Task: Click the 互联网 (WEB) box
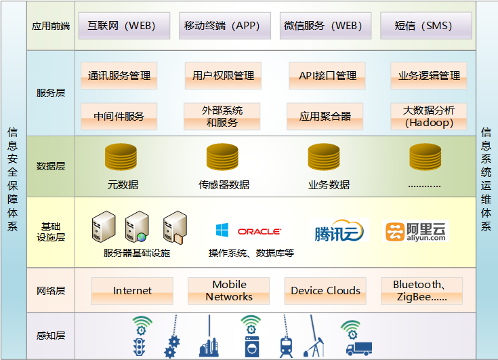121,26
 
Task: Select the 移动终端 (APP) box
222,26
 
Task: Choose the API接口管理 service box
327,76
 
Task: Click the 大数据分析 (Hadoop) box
429,116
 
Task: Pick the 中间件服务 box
119,116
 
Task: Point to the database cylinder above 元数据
121,158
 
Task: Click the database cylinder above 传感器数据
224,158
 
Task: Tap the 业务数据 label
329,184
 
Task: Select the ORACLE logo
260,232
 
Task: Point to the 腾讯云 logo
339,232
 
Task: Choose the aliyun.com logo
416,232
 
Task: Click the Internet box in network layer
132,291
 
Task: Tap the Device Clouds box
325,291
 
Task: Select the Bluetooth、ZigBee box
421,291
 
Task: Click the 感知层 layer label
51,336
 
